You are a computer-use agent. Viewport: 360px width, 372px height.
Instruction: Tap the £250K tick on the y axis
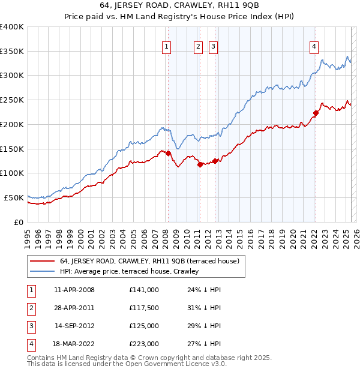tap(12, 100)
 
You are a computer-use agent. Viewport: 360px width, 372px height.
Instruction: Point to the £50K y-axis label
tap(14, 197)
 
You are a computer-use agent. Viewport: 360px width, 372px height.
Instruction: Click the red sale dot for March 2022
tap(315, 113)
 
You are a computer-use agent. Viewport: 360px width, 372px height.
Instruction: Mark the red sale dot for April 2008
tap(168, 153)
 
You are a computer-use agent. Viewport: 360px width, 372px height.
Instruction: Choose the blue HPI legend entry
tap(129, 271)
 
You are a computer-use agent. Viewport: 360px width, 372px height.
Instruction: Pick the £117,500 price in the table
tap(143, 308)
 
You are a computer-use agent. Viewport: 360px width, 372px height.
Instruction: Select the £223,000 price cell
tap(143, 344)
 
